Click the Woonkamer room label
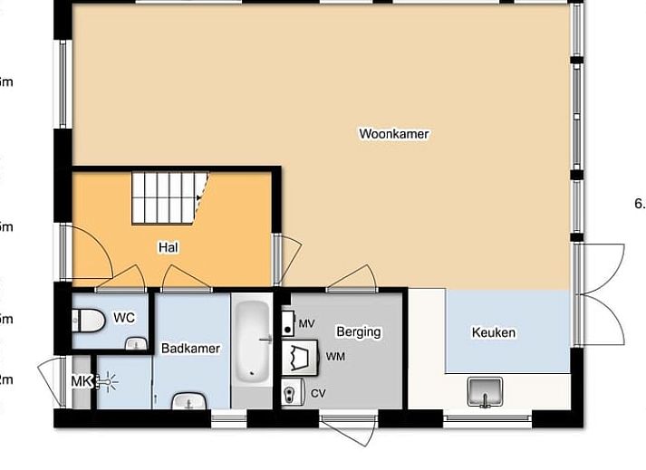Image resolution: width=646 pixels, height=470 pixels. coord(393,134)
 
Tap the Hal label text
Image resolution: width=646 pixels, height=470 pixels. coord(168,246)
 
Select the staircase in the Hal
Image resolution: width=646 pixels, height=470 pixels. coord(169,197)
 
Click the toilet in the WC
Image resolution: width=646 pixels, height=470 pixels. coord(86,320)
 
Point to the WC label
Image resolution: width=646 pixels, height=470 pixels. coord(124,318)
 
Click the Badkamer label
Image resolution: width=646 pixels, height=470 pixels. coord(190,348)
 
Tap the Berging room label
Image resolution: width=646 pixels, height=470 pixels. coord(358,331)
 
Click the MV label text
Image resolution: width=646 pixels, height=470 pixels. coord(306,323)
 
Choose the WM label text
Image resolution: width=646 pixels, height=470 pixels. coord(335,357)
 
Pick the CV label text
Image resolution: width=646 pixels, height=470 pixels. coord(317,393)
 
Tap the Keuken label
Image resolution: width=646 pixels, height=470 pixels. coord(494,332)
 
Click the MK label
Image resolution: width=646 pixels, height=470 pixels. coord(81,381)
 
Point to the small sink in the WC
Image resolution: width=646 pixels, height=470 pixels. coord(136,342)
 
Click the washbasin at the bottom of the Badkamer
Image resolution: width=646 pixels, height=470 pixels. coord(190,401)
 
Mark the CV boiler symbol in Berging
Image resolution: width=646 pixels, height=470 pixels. coord(291,392)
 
